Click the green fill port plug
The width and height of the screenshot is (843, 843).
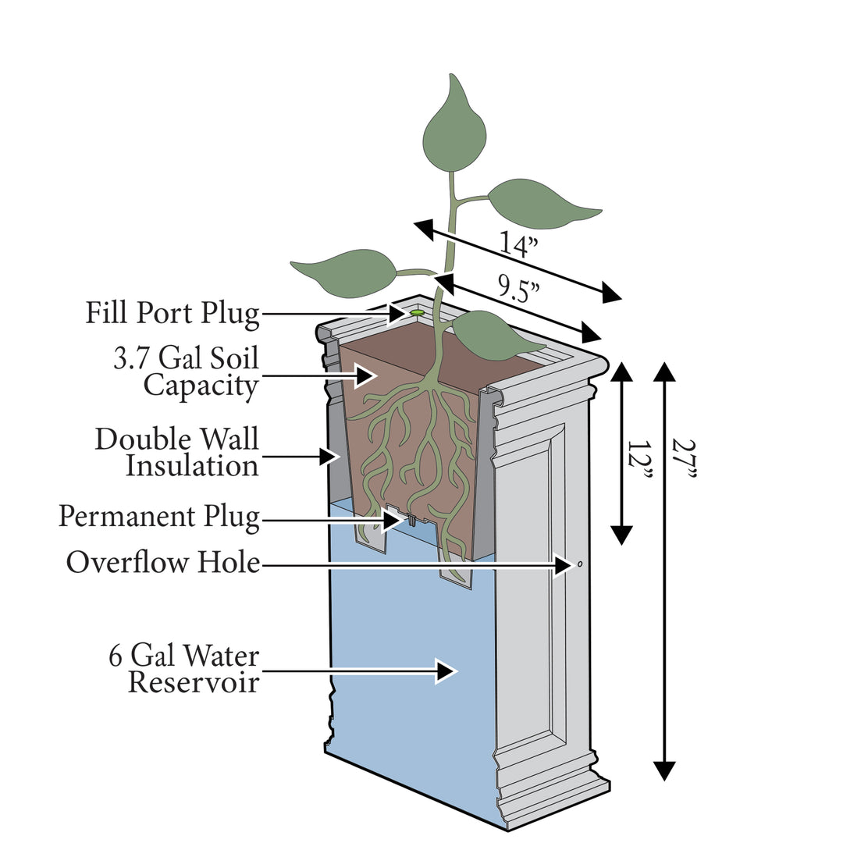coord(418,312)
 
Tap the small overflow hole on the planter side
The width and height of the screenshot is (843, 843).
coord(580,563)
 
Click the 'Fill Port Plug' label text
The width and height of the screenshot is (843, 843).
coord(172,314)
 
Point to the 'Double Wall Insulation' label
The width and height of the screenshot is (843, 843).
coord(176,452)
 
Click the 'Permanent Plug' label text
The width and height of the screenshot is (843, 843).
coord(159,517)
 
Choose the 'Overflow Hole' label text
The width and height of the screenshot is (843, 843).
coord(162,562)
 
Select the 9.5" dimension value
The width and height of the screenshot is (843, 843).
coord(520,293)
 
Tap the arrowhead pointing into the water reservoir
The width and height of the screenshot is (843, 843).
coord(446,670)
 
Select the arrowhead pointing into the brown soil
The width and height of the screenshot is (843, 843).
coord(366,376)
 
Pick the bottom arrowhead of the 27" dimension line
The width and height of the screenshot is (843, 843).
coord(663,771)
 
